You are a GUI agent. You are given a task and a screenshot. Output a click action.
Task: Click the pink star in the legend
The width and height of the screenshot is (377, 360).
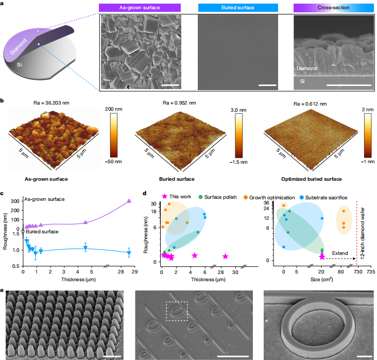click(164, 197)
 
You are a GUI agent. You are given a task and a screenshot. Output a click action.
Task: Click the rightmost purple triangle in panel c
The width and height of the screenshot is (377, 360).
click(129, 201)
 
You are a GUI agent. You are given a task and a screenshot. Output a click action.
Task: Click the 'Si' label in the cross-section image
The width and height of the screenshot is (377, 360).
click(301, 81)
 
